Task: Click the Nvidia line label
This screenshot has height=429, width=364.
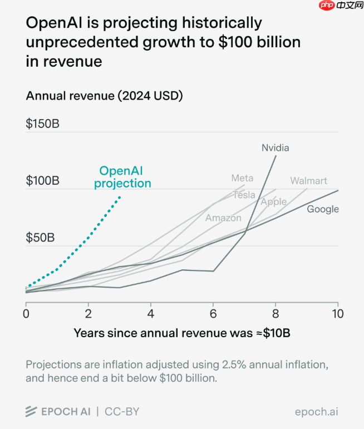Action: (x=276, y=148)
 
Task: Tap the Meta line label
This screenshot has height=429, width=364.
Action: (x=242, y=178)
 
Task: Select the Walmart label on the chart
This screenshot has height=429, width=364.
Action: (x=308, y=181)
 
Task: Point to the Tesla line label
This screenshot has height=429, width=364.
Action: (x=244, y=195)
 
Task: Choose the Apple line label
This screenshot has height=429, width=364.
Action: (x=274, y=202)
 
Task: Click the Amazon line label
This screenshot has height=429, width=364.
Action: (x=223, y=218)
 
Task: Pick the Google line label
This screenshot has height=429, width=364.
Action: (x=323, y=209)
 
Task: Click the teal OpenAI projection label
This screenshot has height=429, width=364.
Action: (x=122, y=177)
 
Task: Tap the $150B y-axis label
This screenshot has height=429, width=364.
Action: (x=42, y=124)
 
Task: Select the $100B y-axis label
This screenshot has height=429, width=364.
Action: (x=42, y=181)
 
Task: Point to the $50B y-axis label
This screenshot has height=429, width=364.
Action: (x=40, y=238)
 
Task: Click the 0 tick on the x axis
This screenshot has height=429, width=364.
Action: (x=26, y=313)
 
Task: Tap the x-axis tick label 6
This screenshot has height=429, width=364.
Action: (x=213, y=313)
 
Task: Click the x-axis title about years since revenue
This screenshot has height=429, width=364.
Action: (x=182, y=333)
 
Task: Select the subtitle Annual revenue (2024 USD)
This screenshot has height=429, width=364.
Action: (x=105, y=96)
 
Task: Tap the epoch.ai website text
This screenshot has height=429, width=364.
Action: (x=316, y=412)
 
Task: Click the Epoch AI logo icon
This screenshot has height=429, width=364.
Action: (x=31, y=412)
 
